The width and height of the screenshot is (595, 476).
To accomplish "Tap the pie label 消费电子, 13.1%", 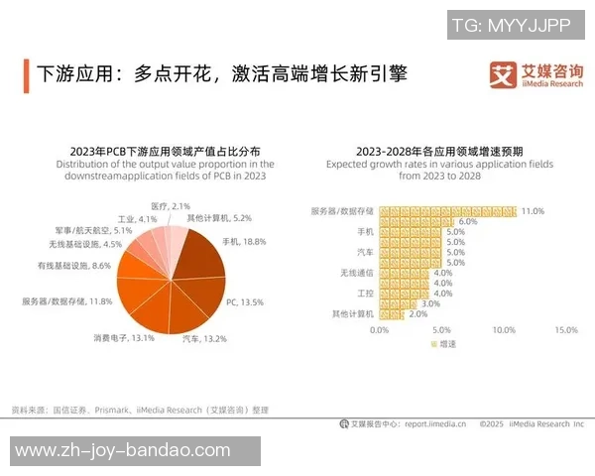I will (125, 337).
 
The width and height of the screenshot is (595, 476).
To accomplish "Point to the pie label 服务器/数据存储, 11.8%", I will (66, 300).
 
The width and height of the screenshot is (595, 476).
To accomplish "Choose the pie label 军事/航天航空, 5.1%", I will (88, 230).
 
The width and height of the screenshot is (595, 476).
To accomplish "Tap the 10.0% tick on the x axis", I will (504, 329).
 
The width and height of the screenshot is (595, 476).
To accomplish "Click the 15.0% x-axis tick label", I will (565, 329).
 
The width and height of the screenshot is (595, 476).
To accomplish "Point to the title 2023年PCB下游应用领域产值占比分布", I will (152, 151).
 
